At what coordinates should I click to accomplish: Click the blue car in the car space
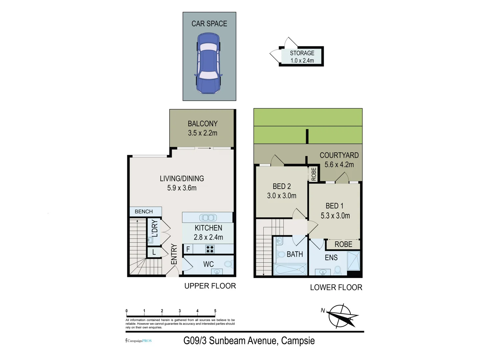coord(208,63)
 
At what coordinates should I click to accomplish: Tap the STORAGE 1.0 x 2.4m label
coord(302,57)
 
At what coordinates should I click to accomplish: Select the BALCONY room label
coord(203,124)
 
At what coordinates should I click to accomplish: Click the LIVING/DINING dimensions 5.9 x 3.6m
coord(182,188)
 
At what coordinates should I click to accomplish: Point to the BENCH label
coord(144,212)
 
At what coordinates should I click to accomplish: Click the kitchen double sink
coord(208,218)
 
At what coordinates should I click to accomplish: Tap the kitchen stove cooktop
coord(210,249)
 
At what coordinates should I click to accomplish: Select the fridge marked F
coord(188,249)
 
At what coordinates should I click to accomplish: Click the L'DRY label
coord(155,228)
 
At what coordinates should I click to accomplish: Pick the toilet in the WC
coord(229,264)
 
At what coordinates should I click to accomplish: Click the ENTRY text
coord(174,254)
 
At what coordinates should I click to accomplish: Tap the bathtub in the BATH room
coord(290,269)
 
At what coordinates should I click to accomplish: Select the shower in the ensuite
coord(353,261)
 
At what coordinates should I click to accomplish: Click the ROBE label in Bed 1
coord(343,244)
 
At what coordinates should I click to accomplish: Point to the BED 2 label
coord(282,186)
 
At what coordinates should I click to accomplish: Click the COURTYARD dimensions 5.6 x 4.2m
coord(339,165)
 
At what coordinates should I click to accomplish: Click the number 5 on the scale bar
coord(215,311)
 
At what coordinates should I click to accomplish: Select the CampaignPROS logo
coord(139,341)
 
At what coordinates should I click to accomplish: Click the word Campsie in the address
coord(298,341)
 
